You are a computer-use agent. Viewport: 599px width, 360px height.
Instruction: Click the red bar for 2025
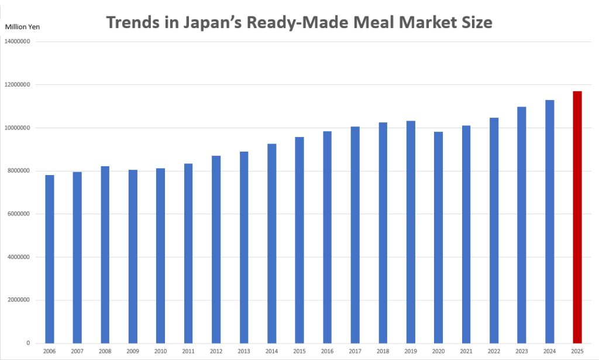pos(577,217)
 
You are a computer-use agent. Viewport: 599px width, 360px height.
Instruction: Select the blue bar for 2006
pos(50,259)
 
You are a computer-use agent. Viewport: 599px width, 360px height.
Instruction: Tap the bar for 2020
pos(438,237)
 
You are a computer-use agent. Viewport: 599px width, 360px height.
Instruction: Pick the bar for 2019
pos(411,232)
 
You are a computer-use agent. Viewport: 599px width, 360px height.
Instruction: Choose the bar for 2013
pos(244,247)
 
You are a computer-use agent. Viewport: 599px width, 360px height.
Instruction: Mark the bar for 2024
pos(550,222)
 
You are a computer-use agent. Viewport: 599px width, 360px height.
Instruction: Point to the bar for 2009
pos(133,256)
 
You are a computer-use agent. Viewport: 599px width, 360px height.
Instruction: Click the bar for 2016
pos(327,237)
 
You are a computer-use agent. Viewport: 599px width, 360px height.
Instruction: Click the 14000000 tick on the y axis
pos(17,42)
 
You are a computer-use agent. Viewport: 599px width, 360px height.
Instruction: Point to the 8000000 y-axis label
pos(18,171)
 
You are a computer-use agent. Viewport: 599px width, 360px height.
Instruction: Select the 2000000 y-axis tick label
pos(18,300)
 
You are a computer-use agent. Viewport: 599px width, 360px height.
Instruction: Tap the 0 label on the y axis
pos(28,343)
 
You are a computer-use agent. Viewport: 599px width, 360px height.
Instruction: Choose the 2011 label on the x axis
pos(188,351)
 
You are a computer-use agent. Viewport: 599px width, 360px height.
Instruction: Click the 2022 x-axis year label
pos(494,351)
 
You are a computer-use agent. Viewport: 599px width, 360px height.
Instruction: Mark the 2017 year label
pos(355,351)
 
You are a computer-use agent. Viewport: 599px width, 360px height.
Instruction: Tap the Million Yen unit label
pos(22,27)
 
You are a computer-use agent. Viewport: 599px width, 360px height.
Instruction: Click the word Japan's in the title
pos(212,23)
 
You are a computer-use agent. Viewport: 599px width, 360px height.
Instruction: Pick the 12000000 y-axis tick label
pos(17,84)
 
